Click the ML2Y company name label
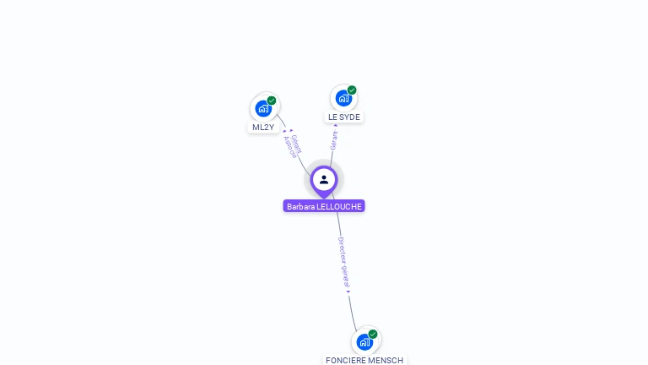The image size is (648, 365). click(x=263, y=128)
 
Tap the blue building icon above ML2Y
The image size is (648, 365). click(x=263, y=108)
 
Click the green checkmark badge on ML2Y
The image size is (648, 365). click(x=272, y=101)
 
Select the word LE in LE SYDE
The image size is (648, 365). click(x=333, y=117)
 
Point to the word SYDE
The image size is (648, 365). click(x=349, y=117)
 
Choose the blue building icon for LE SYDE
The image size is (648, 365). click(x=343, y=98)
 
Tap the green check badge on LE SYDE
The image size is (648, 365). click(x=352, y=90)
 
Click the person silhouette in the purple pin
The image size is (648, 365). click(x=324, y=179)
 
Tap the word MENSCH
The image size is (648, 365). click(x=386, y=361)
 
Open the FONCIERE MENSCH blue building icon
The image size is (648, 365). click(x=364, y=341)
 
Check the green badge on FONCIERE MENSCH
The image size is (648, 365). click(x=373, y=334)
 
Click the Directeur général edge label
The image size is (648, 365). click(x=343, y=262)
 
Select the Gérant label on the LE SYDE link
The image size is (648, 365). click(x=334, y=140)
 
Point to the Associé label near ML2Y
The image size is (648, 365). click(x=289, y=148)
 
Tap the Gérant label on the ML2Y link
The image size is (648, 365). click(x=296, y=143)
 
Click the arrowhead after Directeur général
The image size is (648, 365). click(x=348, y=291)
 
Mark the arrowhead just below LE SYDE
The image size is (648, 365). click(x=336, y=126)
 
